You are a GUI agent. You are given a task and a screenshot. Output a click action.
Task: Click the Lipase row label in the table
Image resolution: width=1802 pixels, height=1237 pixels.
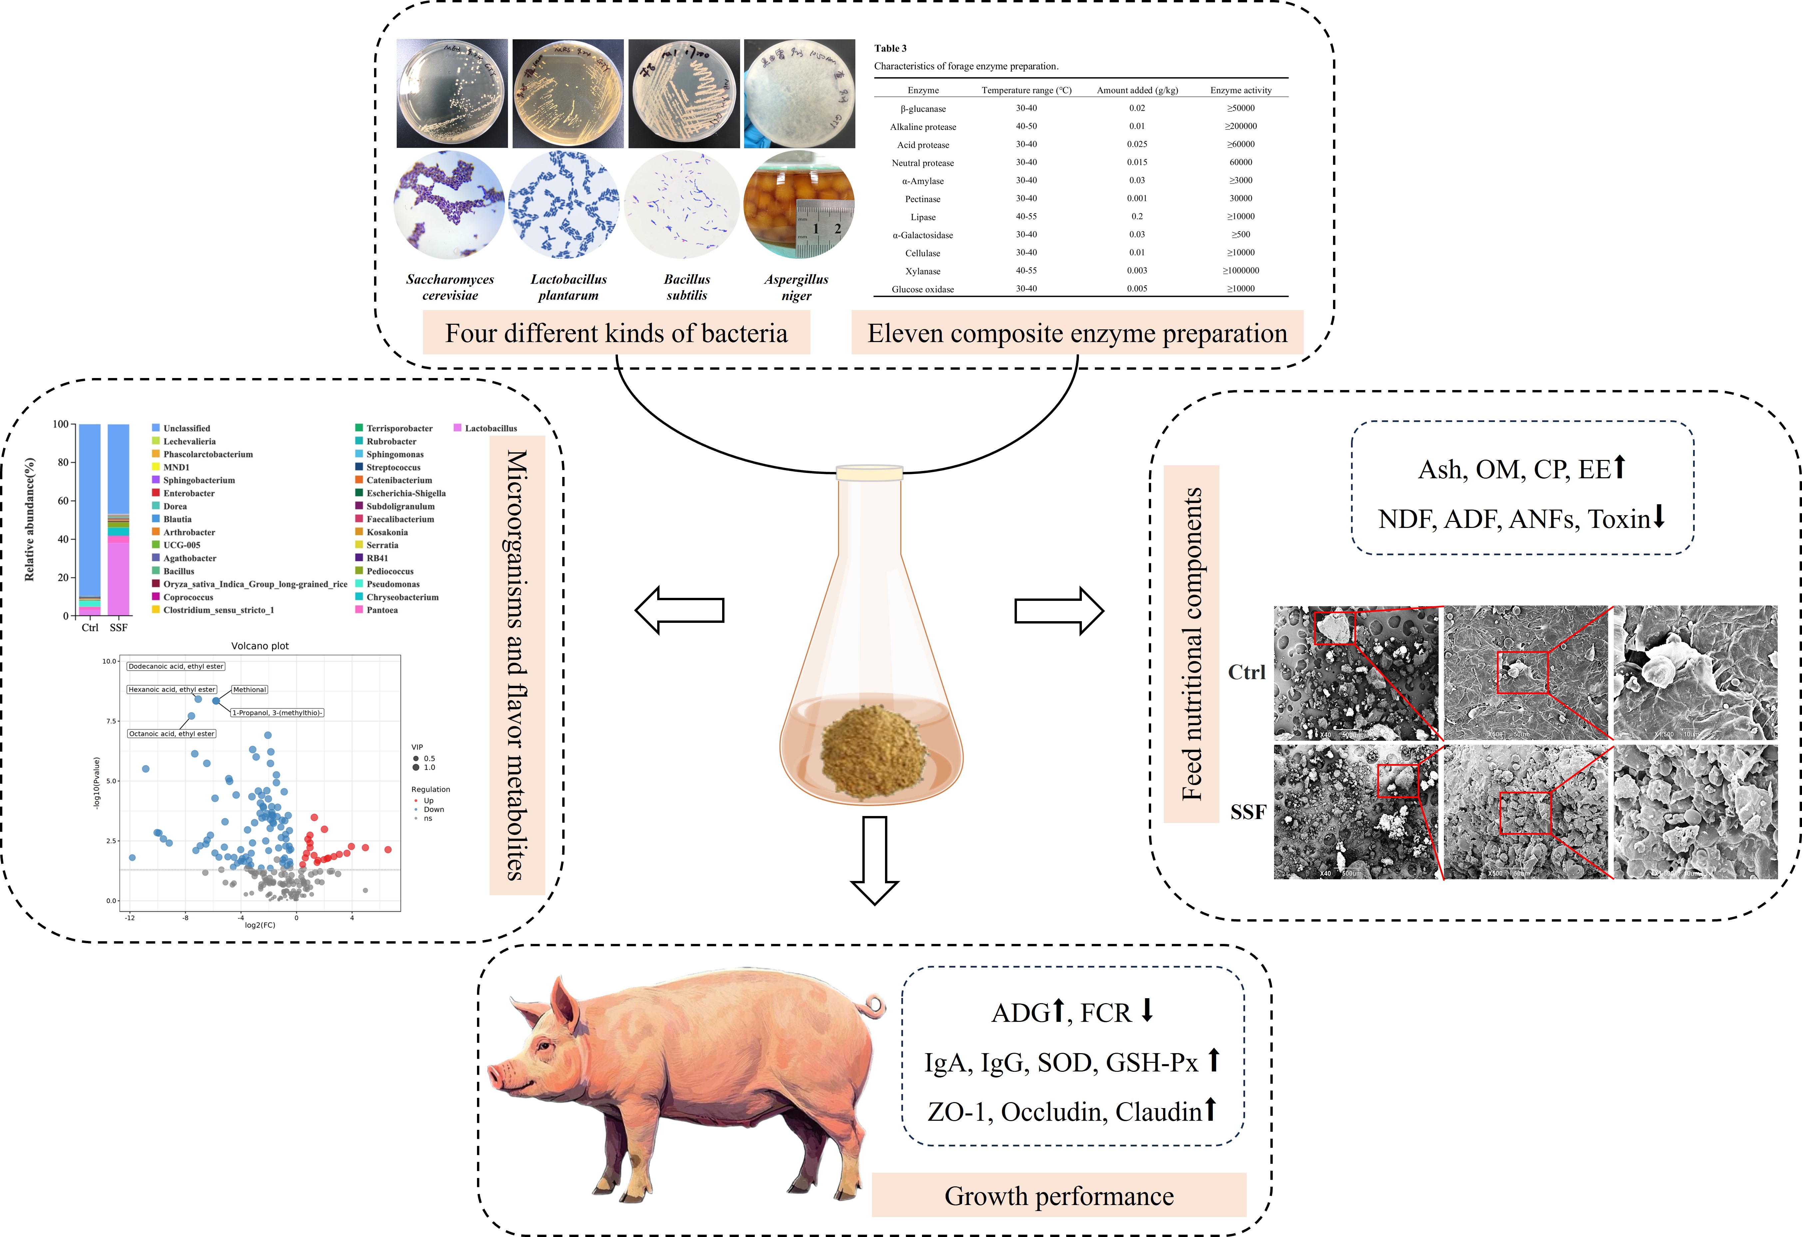[923, 217]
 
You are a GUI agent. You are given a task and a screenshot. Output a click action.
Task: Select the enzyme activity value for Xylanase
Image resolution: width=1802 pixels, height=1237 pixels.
[1241, 271]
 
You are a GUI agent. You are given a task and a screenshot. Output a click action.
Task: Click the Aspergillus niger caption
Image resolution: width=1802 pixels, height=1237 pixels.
[796, 287]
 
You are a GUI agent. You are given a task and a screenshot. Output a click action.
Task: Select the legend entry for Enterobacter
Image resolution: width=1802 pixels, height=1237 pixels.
[189, 493]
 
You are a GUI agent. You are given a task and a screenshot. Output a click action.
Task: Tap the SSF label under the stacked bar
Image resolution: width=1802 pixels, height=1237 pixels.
[119, 627]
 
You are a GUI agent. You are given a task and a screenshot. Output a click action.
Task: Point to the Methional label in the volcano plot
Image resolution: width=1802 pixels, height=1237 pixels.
[250, 689]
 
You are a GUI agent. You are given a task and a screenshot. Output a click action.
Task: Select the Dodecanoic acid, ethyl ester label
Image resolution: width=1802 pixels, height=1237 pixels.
[176, 666]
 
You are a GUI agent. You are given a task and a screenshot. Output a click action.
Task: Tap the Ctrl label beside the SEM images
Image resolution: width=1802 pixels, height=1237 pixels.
[1246, 672]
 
